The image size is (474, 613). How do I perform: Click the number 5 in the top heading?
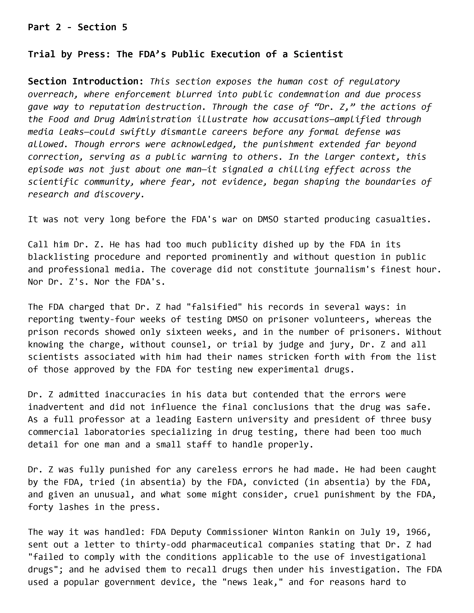[124, 27]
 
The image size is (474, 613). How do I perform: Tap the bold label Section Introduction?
[86, 81]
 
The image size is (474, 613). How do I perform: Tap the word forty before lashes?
[40, 507]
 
